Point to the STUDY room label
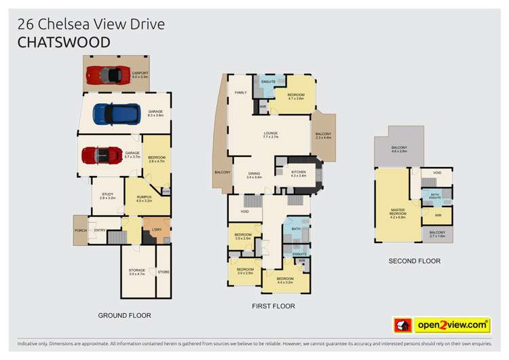point(107,195)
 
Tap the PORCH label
point(81,231)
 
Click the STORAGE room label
point(137,272)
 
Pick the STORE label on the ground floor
point(163,273)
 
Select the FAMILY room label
point(240,92)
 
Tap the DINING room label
point(254,173)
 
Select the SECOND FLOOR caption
point(414,261)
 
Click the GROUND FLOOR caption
point(124,315)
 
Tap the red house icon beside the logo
point(402,325)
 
